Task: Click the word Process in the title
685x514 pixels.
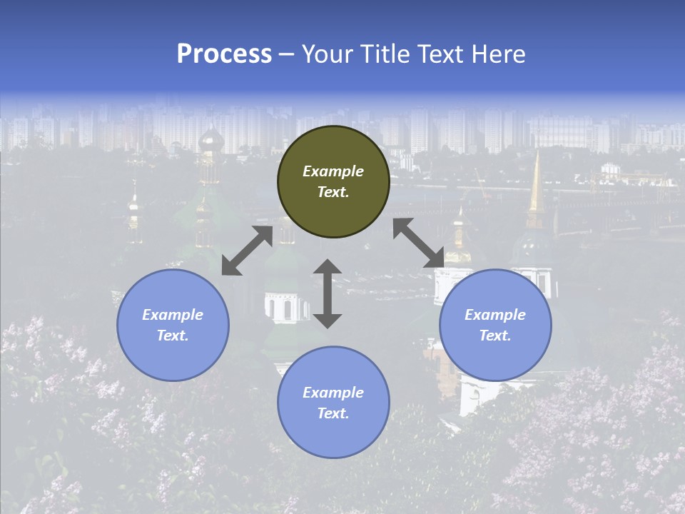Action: coord(224,54)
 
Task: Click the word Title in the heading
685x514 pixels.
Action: coord(384,54)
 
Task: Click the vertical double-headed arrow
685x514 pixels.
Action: coord(328,293)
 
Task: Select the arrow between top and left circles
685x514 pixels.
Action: coord(247,251)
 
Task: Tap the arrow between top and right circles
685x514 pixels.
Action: coord(418,243)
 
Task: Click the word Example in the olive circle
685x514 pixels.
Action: coord(333,171)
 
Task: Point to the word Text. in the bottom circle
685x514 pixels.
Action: coord(333,413)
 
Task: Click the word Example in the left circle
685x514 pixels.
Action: coord(173,315)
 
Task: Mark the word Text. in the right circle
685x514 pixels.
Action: coord(495,336)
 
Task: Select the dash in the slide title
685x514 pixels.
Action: coord(287,54)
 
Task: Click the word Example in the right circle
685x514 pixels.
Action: coord(495,315)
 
